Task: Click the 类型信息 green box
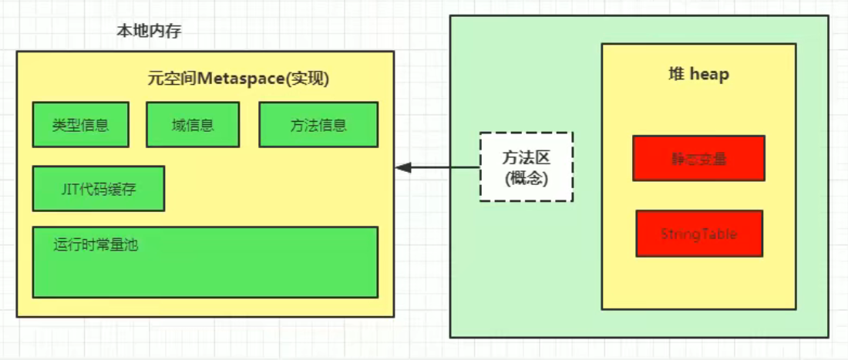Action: point(80,124)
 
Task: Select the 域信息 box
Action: point(192,124)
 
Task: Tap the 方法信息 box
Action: point(318,124)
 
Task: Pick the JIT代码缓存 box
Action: point(98,188)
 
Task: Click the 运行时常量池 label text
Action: point(96,245)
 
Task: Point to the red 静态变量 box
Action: point(698,159)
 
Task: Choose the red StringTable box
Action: point(698,234)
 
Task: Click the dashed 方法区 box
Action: point(526,167)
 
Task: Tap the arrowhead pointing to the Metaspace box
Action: point(402,167)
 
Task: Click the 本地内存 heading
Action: point(149,32)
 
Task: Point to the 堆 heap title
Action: point(698,75)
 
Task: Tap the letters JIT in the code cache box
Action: point(67,188)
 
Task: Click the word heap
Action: point(709,75)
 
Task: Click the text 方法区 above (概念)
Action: point(526,156)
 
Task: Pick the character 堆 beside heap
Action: point(675,75)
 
